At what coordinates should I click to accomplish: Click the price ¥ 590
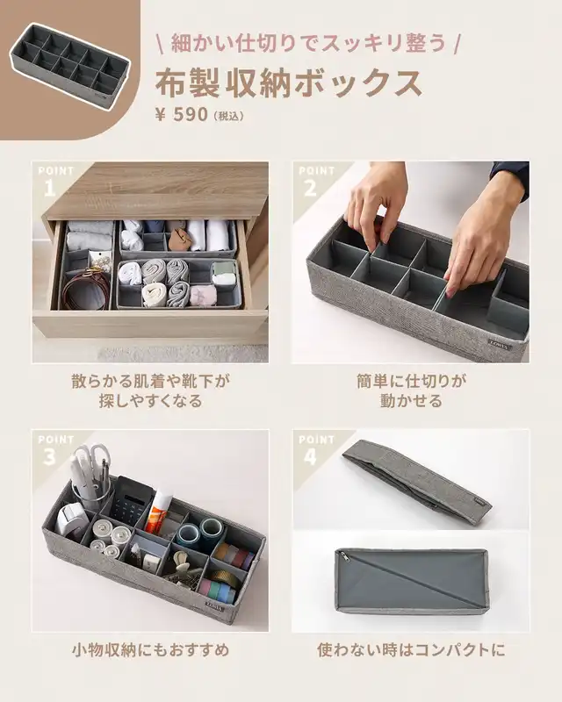coord(182,115)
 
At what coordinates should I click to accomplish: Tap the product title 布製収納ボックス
coord(289,83)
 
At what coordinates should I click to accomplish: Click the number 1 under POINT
coord(49,189)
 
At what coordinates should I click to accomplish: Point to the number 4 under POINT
coord(310,457)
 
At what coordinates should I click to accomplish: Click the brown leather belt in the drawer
coord(87,287)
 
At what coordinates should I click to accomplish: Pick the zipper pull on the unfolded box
coord(344,557)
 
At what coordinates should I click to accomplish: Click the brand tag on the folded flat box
coord(480,502)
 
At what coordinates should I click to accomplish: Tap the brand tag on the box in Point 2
coord(499,346)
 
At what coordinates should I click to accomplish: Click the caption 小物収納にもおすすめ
coord(150,650)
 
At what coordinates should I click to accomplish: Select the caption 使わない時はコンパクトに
coord(411,650)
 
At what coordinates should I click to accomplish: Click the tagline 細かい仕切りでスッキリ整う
coord(309,43)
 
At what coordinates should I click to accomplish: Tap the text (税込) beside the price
coord(229,117)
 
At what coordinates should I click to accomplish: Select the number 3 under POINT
coord(49,457)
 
